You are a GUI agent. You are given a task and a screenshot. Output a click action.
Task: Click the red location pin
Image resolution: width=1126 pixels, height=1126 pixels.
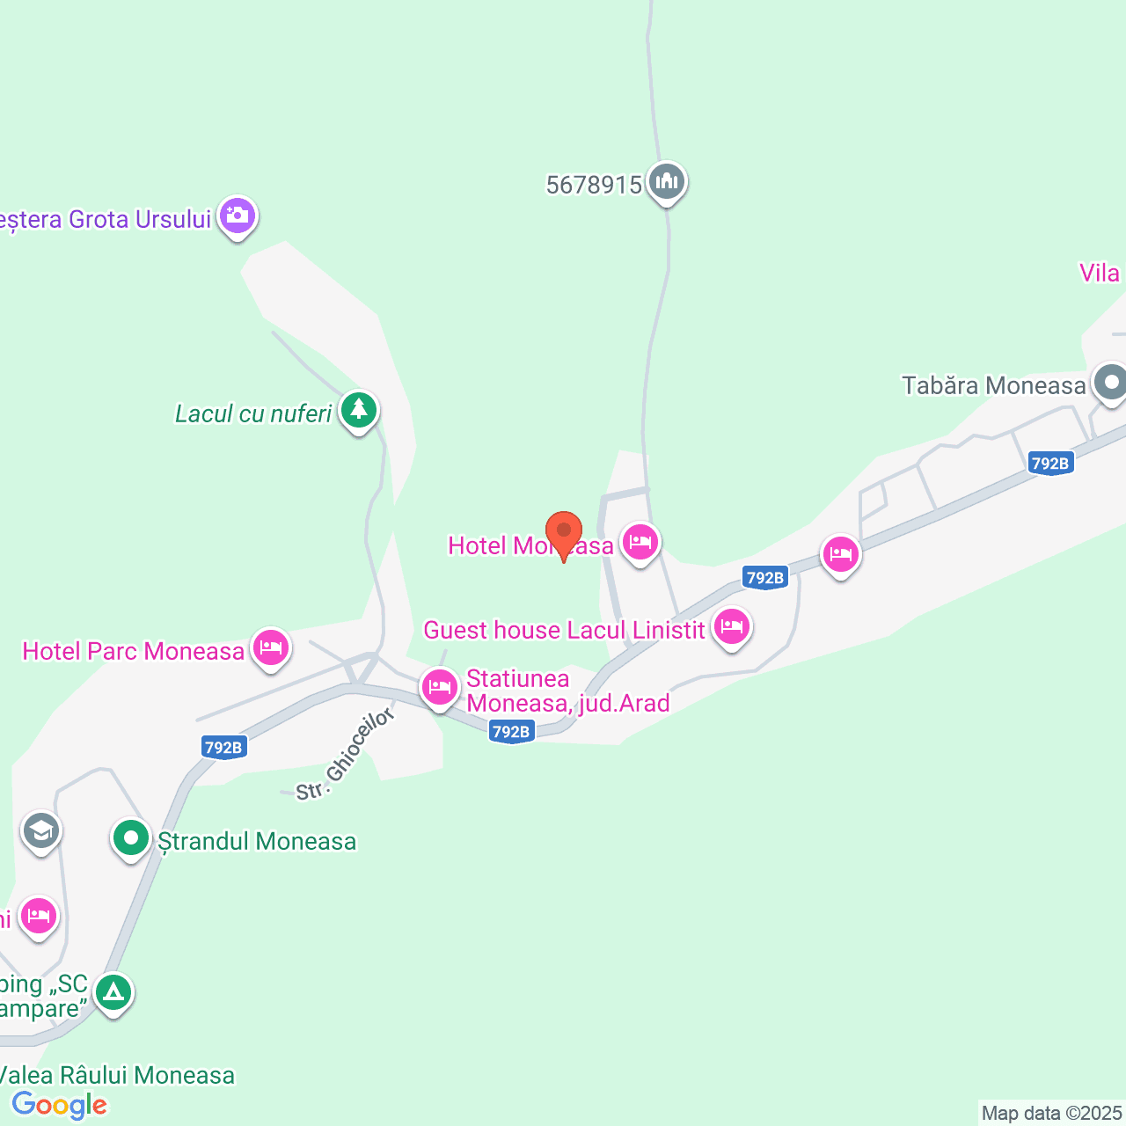pyautogui.click(x=564, y=532)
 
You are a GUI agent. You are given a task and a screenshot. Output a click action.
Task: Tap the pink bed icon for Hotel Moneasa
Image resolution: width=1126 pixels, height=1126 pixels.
pyautogui.click(x=640, y=542)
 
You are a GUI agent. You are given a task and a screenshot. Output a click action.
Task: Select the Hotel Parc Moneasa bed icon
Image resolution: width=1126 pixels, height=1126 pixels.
pyautogui.click(x=270, y=648)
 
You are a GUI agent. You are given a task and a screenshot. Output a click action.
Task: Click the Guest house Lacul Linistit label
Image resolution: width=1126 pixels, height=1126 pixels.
pyautogui.click(x=564, y=630)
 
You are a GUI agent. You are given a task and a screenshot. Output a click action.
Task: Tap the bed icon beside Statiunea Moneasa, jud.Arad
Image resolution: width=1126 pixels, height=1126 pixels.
pyautogui.click(x=439, y=687)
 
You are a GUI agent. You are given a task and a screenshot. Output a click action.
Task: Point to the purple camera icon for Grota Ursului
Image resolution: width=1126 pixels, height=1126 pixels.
pyautogui.click(x=238, y=216)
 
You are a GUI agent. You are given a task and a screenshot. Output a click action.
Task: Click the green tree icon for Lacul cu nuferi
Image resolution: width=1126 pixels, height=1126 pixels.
pyautogui.click(x=358, y=410)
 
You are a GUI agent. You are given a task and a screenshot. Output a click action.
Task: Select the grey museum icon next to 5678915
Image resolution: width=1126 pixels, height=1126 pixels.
pyautogui.click(x=667, y=182)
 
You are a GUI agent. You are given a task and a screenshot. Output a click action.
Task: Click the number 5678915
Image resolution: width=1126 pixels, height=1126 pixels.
pyautogui.click(x=594, y=185)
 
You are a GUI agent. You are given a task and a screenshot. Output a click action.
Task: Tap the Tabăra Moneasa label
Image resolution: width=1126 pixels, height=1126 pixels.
pyautogui.click(x=994, y=385)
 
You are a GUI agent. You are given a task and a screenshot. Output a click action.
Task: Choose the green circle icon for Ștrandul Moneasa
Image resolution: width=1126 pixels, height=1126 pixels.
pyautogui.click(x=131, y=838)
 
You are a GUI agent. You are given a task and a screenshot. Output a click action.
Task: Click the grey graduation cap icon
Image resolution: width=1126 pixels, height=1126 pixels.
pyautogui.click(x=40, y=830)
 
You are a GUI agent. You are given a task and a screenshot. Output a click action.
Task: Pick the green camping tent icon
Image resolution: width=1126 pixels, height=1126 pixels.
pyautogui.click(x=113, y=992)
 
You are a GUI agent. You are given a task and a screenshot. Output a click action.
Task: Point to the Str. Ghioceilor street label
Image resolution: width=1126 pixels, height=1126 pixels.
pyautogui.click(x=345, y=756)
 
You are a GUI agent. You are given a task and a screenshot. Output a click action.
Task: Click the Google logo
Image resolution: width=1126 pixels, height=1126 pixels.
pyautogui.click(x=59, y=1105)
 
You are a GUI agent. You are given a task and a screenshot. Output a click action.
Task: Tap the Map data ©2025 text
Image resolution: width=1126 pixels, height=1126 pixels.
pyautogui.click(x=1051, y=1114)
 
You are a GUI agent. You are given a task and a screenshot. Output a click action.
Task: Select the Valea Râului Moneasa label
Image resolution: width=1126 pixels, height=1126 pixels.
pyautogui.click(x=117, y=1075)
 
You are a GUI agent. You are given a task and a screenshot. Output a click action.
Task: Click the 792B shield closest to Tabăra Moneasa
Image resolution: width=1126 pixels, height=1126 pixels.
pyautogui.click(x=1050, y=464)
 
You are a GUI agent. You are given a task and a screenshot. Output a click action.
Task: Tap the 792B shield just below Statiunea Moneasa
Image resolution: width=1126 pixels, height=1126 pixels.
pyautogui.click(x=511, y=731)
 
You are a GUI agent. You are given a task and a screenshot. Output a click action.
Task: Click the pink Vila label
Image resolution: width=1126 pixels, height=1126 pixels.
pyautogui.click(x=1100, y=273)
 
